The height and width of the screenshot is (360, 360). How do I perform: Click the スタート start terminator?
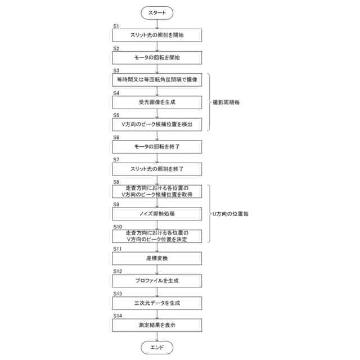(x=157, y=12)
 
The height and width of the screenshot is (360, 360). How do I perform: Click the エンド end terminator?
(x=157, y=347)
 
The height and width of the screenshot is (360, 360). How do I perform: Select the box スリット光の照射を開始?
(x=157, y=35)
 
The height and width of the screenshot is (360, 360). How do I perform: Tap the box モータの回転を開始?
(x=157, y=57)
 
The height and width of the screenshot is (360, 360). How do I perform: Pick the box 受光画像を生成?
(x=157, y=102)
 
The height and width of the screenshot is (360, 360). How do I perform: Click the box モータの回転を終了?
(x=157, y=146)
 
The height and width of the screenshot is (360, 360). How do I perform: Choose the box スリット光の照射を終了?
(x=157, y=169)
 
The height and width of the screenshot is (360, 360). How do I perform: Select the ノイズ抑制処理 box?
(x=157, y=214)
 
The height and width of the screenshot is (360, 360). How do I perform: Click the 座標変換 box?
(x=157, y=258)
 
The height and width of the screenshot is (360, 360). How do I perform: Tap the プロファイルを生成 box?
(x=157, y=280)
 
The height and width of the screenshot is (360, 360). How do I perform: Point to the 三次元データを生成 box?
(x=157, y=303)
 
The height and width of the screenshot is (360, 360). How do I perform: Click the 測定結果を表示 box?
(x=157, y=325)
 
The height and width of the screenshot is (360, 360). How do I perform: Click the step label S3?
(x=116, y=71)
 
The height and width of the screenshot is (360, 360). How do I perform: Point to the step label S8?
(x=116, y=182)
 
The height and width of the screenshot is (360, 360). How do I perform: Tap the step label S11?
(x=117, y=249)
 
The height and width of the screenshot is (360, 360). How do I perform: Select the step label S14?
(x=117, y=316)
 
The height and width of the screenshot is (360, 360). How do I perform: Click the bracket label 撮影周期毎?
(x=225, y=102)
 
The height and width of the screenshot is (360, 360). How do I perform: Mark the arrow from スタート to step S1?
(x=157, y=24)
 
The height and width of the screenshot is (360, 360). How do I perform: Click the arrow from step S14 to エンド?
(x=157, y=336)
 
